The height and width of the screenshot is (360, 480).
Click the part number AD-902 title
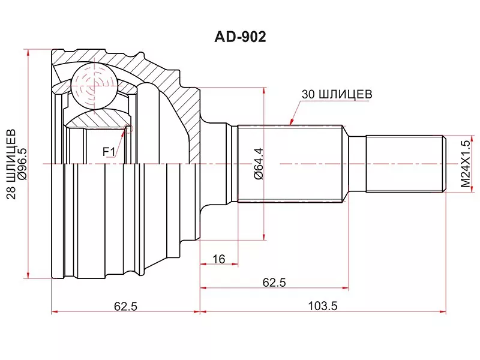[240, 37]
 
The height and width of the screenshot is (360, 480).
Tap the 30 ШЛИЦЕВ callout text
[337, 94]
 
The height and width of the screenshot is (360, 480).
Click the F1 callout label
[109, 152]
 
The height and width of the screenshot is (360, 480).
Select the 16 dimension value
[218, 259]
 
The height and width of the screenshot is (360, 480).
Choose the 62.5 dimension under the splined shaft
[274, 283]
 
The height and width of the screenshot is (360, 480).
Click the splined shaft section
[290, 164]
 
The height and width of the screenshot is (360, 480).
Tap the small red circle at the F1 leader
[128, 128]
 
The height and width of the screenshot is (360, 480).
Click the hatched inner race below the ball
[96, 119]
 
